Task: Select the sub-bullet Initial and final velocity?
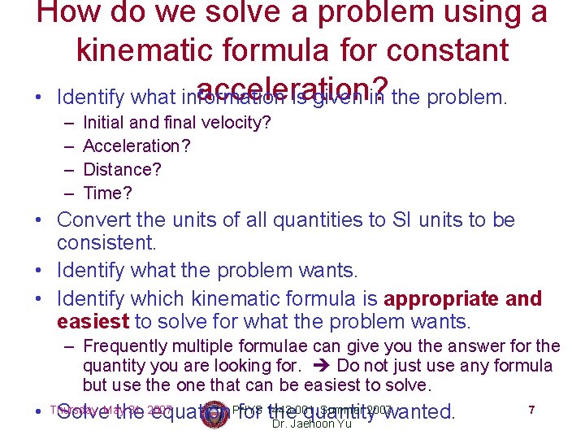tap(177, 123)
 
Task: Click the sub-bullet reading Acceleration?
tap(136, 146)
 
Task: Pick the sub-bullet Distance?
tap(122, 170)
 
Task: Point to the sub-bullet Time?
tap(107, 193)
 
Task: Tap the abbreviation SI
tap(391, 220)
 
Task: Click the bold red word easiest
tap(93, 321)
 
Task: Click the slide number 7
tap(531, 410)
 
